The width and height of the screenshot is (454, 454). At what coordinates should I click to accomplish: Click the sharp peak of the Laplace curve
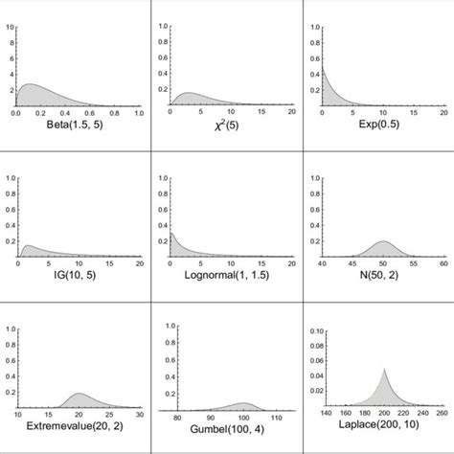(x=383, y=369)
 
